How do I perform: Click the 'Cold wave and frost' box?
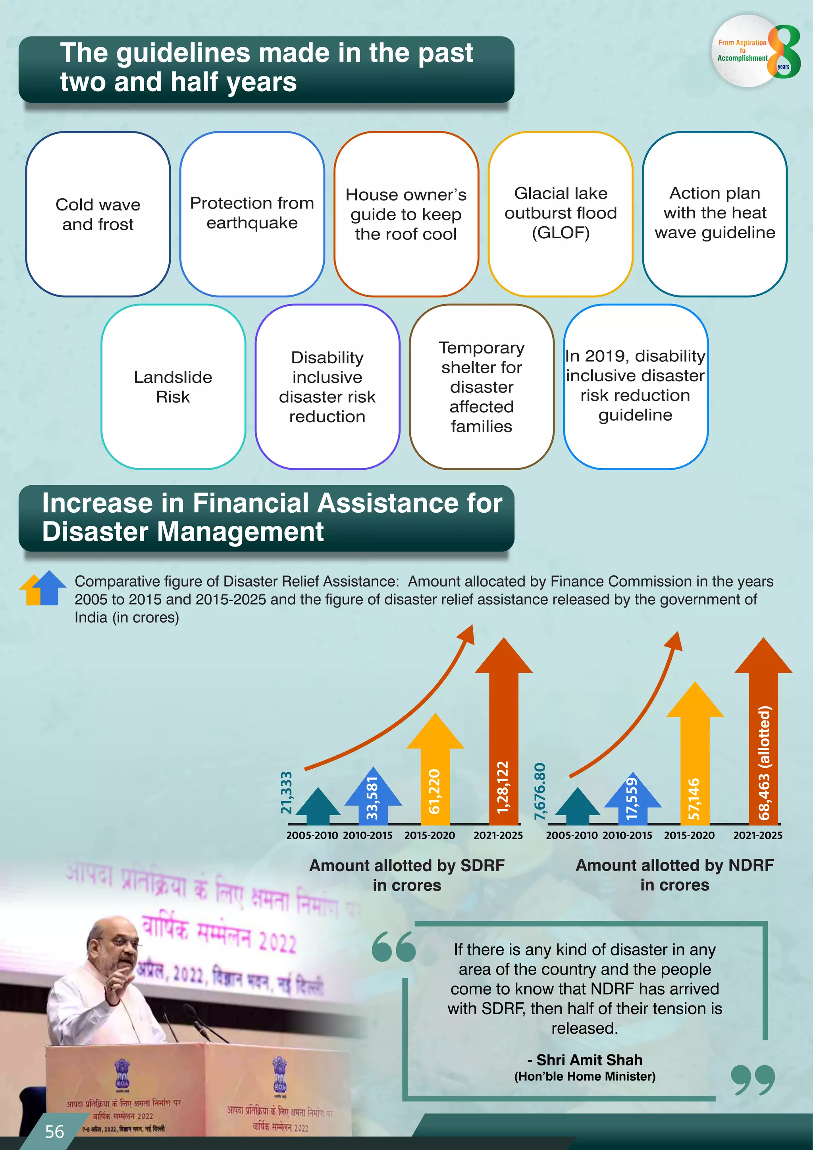pyautogui.click(x=98, y=214)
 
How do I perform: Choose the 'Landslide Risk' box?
pyautogui.click(x=173, y=387)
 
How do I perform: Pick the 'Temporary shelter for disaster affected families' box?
pyautogui.click(x=482, y=387)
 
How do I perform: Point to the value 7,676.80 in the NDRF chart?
pyautogui.click(x=540, y=791)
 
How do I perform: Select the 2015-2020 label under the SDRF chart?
pyautogui.click(x=430, y=835)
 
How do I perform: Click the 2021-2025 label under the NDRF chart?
pyautogui.click(x=757, y=835)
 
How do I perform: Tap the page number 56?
pyautogui.click(x=54, y=1131)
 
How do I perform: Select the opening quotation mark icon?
pyautogui.click(x=394, y=947)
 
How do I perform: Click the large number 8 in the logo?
pyautogui.click(x=784, y=52)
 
